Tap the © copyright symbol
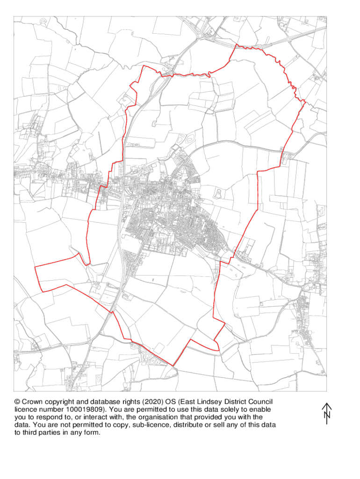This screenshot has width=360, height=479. [17, 402]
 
